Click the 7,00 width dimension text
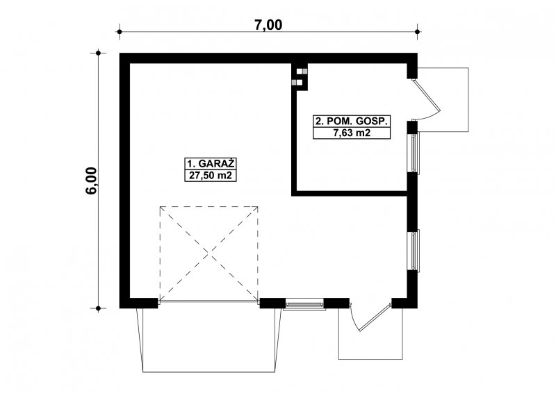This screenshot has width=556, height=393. click(268, 25)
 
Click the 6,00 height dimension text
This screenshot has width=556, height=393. click(92, 181)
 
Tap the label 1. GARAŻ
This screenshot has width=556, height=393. click(211, 164)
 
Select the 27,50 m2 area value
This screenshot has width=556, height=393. click(211, 176)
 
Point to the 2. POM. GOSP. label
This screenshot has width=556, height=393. click(351, 122)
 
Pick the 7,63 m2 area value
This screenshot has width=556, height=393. click(352, 133)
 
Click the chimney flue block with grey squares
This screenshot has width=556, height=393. click(300, 77)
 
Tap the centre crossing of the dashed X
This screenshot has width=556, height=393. click(209, 253)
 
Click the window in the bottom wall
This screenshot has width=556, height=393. click(304, 304)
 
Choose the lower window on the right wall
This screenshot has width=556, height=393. click(414, 251)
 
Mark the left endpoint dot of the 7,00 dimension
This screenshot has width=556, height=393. click(120, 32)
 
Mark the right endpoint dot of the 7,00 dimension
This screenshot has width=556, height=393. click(418, 32)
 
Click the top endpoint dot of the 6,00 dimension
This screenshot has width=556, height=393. click(98, 53)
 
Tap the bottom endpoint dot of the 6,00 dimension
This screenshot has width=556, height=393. click(98, 308)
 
